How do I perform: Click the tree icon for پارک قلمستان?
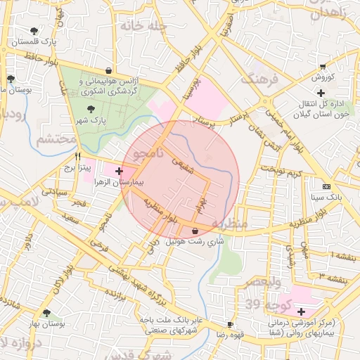34,31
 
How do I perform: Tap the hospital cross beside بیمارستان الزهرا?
119,171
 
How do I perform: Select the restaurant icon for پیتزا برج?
78,157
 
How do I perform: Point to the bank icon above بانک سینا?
326,186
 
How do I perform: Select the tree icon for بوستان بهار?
47,313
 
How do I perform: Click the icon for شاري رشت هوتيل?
195,231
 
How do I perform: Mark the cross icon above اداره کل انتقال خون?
321,93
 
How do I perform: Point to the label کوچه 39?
262,304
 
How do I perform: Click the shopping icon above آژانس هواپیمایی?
108,70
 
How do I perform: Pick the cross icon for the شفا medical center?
301,311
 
